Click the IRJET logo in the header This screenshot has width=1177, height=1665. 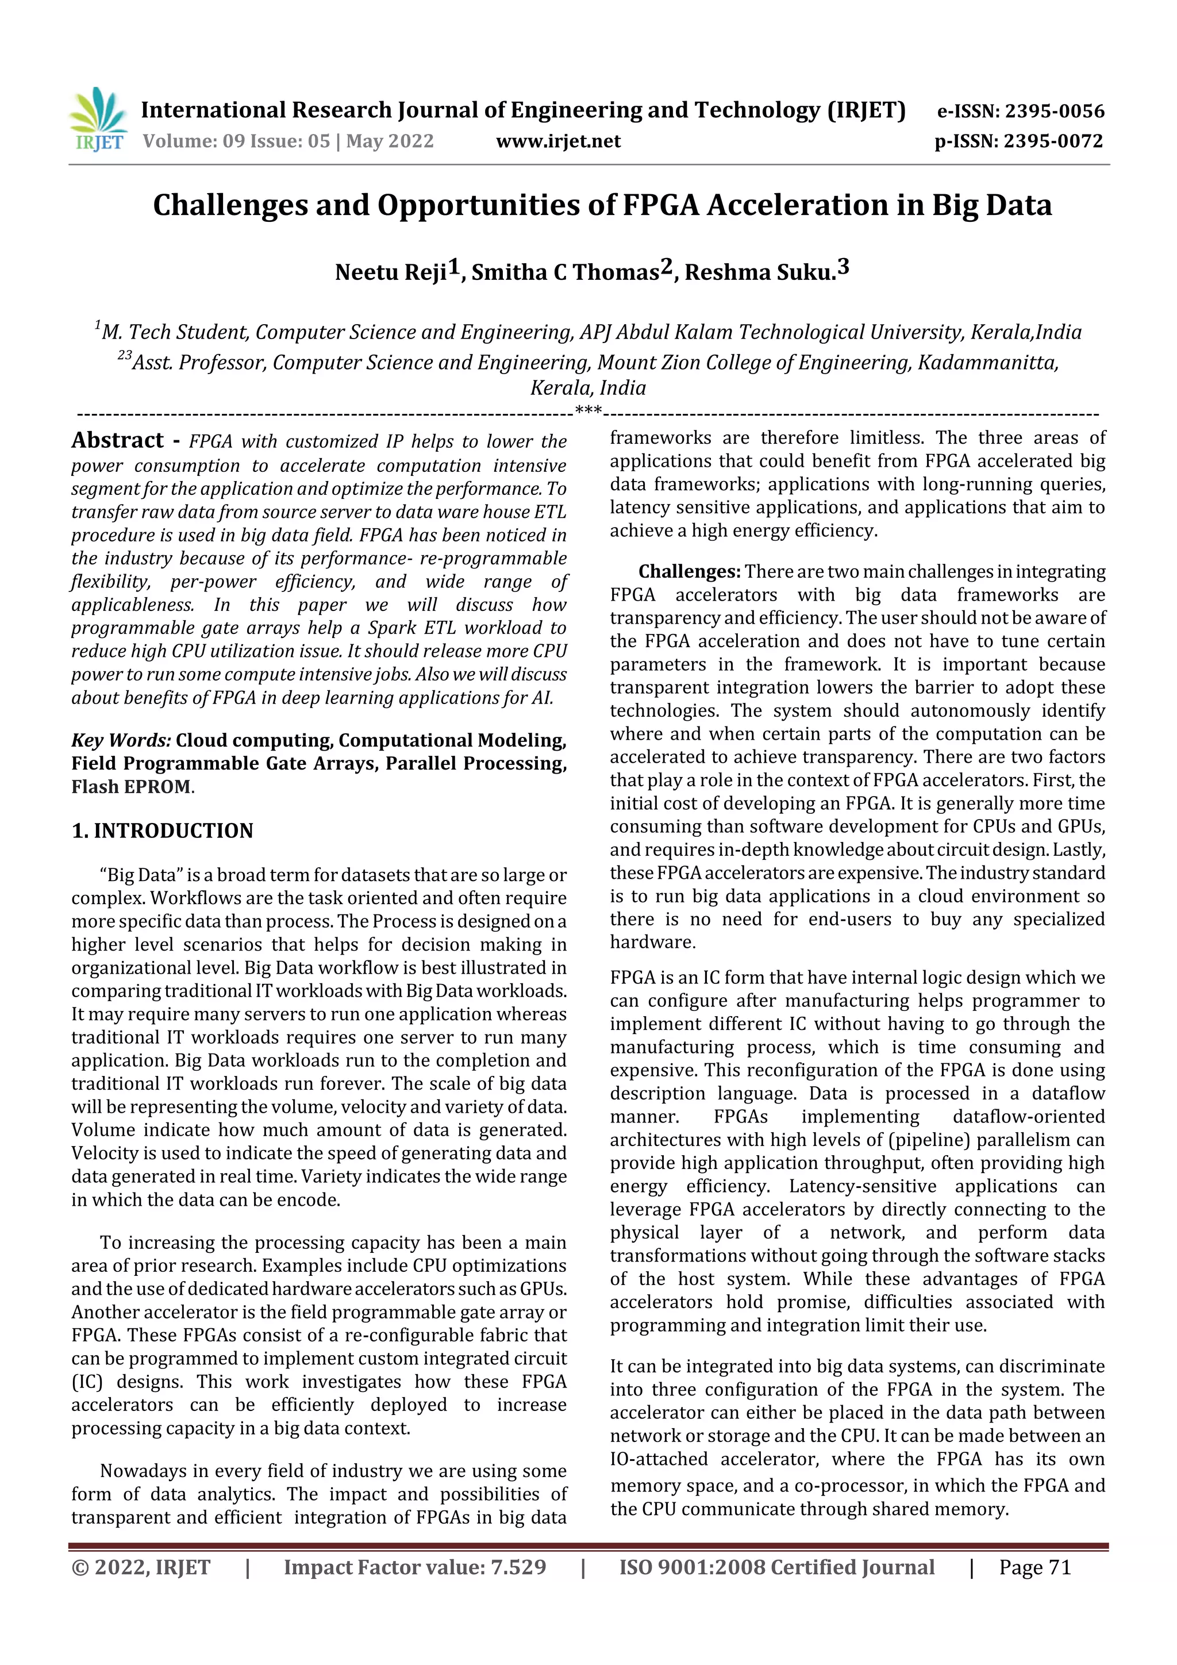tap(98, 120)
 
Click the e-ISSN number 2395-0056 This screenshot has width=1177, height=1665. tap(1053, 111)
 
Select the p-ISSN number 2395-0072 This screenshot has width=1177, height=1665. tap(1053, 141)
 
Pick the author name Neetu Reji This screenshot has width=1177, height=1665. tap(390, 272)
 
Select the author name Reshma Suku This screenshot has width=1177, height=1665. tap(759, 272)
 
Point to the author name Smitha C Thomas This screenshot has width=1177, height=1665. tap(565, 272)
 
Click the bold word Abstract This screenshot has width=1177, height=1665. tap(117, 441)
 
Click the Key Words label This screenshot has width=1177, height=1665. tap(120, 740)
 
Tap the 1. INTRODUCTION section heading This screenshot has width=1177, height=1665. tap(163, 831)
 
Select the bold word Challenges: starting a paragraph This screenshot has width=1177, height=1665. tap(689, 572)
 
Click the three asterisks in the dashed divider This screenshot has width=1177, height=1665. tap(588, 411)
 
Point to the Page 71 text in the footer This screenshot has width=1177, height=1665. tap(1034, 1568)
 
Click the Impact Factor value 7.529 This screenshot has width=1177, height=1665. tap(518, 1568)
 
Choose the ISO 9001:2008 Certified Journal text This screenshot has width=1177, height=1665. tap(776, 1568)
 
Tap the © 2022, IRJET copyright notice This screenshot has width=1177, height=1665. tap(141, 1568)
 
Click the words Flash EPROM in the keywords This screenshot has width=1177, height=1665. tap(131, 787)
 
